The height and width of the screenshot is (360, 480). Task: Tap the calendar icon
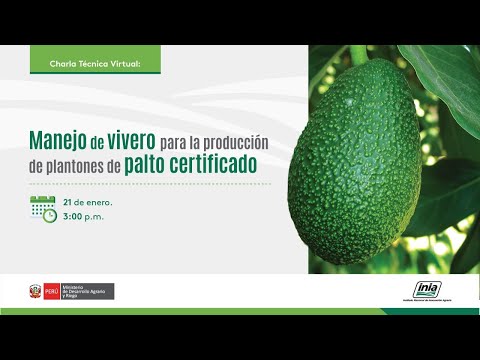click(x=42, y=207)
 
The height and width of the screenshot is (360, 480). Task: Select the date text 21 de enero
click(x=88, y=200)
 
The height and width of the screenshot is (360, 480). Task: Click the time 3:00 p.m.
click(x=83, y=216)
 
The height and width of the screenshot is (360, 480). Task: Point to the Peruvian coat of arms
click(x=37, y=291)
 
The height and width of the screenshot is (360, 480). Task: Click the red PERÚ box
click(x=52, y=291)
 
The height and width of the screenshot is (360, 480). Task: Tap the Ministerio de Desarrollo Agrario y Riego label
click(x=87, y=291)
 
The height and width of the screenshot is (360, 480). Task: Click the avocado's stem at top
click(x=357, y=55)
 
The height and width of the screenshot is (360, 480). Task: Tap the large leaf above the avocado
click(x=440, y=75)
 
